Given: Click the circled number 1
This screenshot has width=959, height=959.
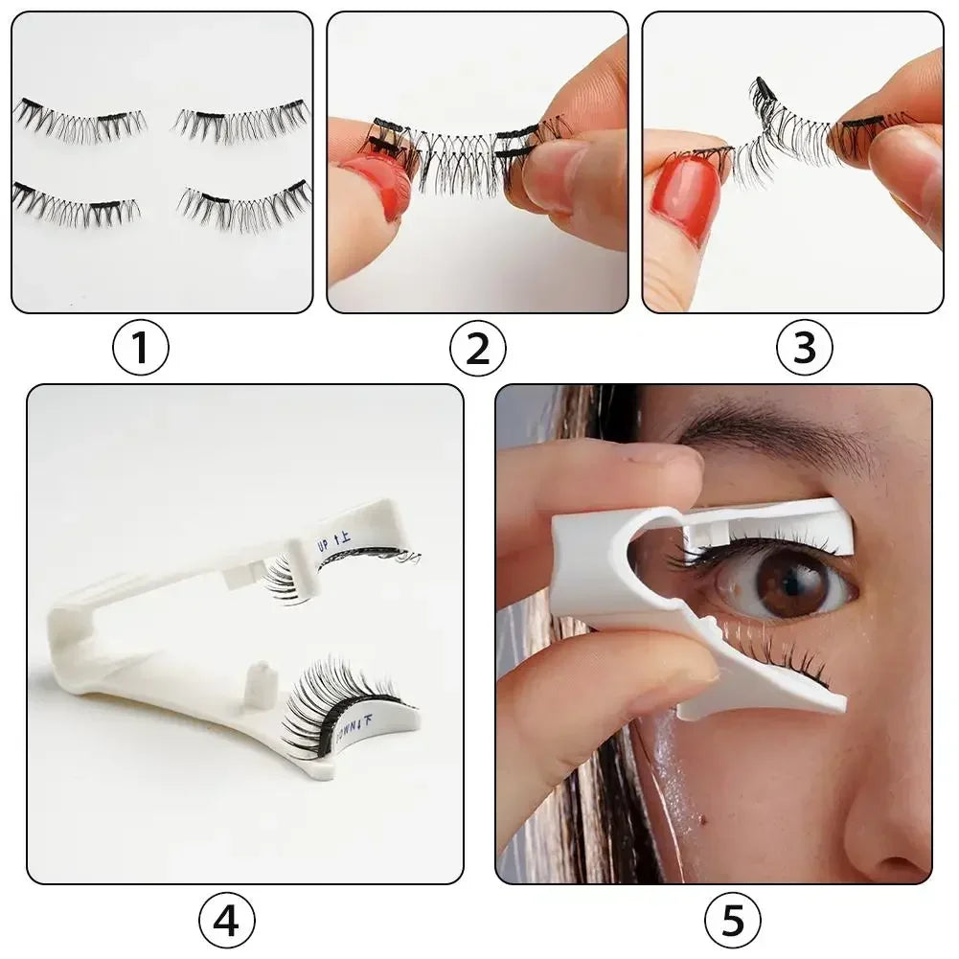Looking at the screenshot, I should [141, 349].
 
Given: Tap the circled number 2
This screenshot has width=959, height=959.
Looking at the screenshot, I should [477, 349].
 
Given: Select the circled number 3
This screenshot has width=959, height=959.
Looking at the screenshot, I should [804, 349].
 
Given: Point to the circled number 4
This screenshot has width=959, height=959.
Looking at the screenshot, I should [226, 922].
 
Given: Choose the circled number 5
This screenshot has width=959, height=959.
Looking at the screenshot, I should [732, 922].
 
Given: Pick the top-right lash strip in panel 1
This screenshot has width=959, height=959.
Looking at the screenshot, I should [241, 120].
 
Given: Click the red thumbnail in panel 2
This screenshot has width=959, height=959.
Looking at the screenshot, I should [379, 182].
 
